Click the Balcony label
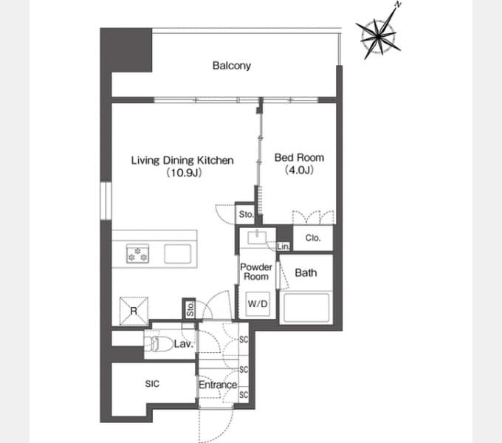click(x=232, y=66)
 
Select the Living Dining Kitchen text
click(x=182, y=160)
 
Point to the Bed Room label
click(x=299, y=157)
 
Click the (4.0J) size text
click(x=299, y=170)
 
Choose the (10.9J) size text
click(x=184, y=173)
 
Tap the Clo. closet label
click(x=313, y=238)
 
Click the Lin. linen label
click(x=283, y=247)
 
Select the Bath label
click(x=306, y=272)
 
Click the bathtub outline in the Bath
click(x=306, y=308)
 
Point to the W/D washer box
click(x=258, y=303)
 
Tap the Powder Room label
click(x=256, y=272)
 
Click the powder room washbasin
click(x=257, y=238)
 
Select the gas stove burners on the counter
click(x=137, y=253)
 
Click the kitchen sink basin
click(x=178, y=254)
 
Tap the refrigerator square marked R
click(x=134, y=311)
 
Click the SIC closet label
click(x=152, y=384)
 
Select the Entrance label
click(x=218, y=385)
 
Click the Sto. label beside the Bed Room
click(x=246, y=214)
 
